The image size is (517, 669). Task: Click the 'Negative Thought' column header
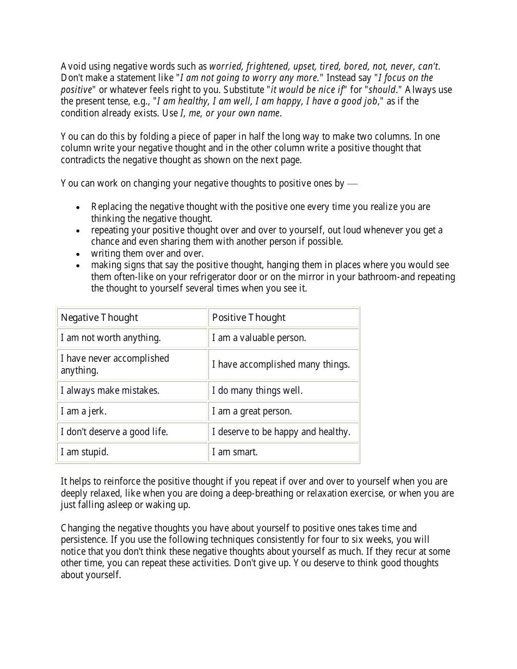(x=100, y=318)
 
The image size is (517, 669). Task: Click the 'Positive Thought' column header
(x=249, y=318)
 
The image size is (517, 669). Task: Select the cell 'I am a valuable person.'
(x=259, y=338)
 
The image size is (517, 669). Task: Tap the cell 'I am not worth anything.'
(x=111, y=338)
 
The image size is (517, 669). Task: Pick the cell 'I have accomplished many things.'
(x=281, y=364)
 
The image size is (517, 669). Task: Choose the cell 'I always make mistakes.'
(x=110, y=391)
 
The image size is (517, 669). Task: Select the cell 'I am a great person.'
(x=252, y=411)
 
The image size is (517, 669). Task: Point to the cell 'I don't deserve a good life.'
(x=114, y=432)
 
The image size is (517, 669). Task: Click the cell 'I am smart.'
(x=235, y=452)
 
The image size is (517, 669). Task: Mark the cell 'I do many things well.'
(x=257, y=391)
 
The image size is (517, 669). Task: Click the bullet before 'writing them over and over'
(x=79, y=254)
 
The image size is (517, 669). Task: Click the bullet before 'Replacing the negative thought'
(x=79, y=207)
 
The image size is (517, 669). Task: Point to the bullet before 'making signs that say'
(x=79, y=265)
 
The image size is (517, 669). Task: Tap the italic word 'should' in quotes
(x=382, y=90)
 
